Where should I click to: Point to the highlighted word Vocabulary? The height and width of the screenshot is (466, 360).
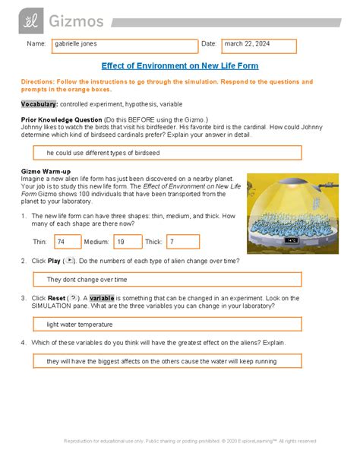tap(39, 102)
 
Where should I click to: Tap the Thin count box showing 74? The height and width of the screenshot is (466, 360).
tap(67, 242)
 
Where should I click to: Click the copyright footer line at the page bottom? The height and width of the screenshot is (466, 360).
tap(180, 440)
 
